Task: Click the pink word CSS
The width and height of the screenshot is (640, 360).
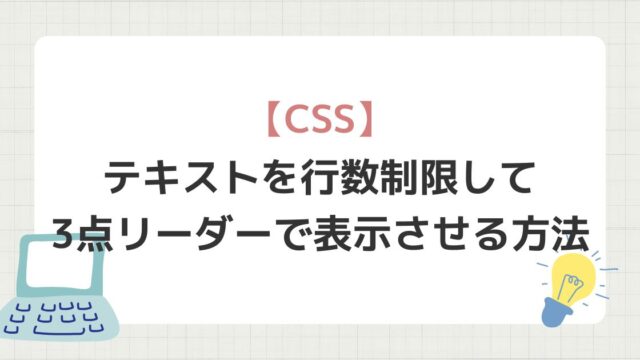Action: (319, 120)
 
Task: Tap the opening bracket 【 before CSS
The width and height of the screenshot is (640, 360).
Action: (274, 120)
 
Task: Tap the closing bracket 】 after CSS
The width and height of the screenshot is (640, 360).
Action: (364, 120)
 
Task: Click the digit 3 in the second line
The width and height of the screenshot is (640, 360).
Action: (64, 235)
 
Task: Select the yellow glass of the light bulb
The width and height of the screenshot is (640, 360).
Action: (573, 273)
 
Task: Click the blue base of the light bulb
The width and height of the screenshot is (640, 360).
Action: (556, 311)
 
